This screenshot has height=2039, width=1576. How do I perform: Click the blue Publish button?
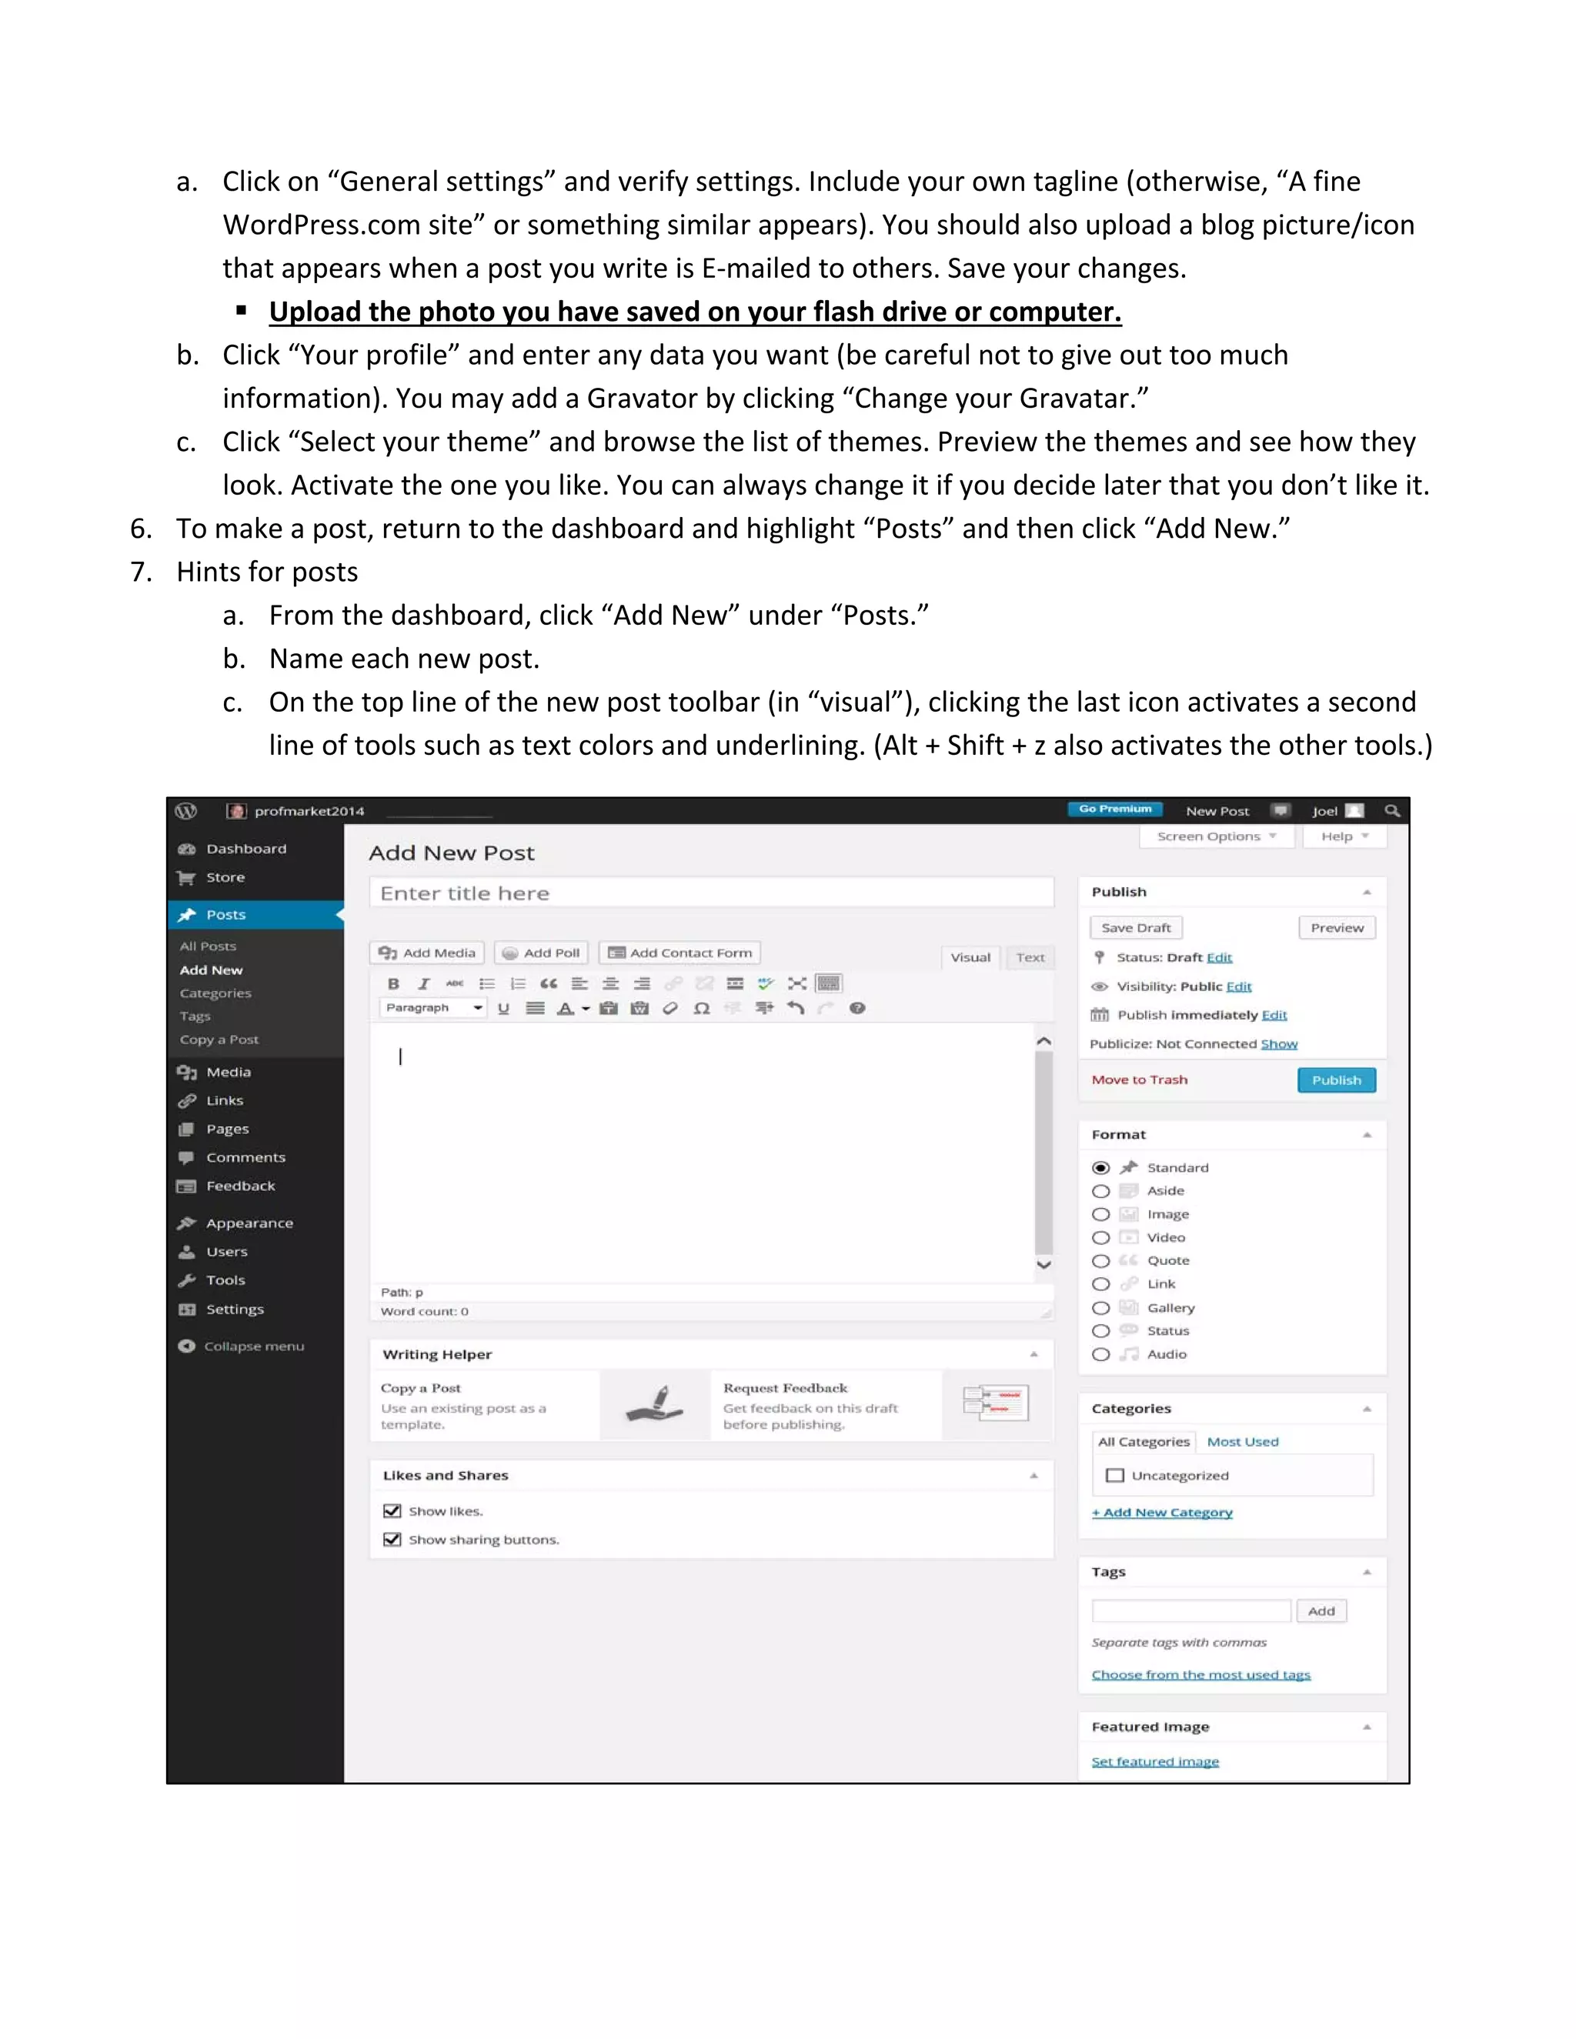pos(1336,1080)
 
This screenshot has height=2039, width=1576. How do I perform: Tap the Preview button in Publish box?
pos(1336,928)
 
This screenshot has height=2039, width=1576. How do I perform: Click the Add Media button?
pos(429,953)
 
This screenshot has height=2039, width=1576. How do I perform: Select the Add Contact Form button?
pos(679,953)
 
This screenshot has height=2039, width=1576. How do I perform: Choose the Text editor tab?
pos(1030,958)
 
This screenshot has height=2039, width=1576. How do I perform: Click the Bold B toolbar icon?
pos(394,984)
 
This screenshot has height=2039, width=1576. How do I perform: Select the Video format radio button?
pos(1100,1238)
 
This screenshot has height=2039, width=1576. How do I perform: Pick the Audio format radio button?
pos(1100,1355)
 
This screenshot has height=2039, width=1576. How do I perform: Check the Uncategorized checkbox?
pos(1114,1476)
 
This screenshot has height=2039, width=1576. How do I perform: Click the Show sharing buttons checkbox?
pos(392,1540)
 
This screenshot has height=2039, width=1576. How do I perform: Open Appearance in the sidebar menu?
pos(249,1224)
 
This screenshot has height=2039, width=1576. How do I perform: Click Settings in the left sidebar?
pos(235,1310)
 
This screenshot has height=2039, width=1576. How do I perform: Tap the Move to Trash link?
pos(1139,1080)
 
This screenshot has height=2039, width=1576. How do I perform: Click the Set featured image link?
pos(1155,1762)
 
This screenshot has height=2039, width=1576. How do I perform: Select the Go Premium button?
pos(1115,809)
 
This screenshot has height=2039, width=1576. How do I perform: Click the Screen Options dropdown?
pos(1216,836)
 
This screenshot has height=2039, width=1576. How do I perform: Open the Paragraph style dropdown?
pos(433,1008)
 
